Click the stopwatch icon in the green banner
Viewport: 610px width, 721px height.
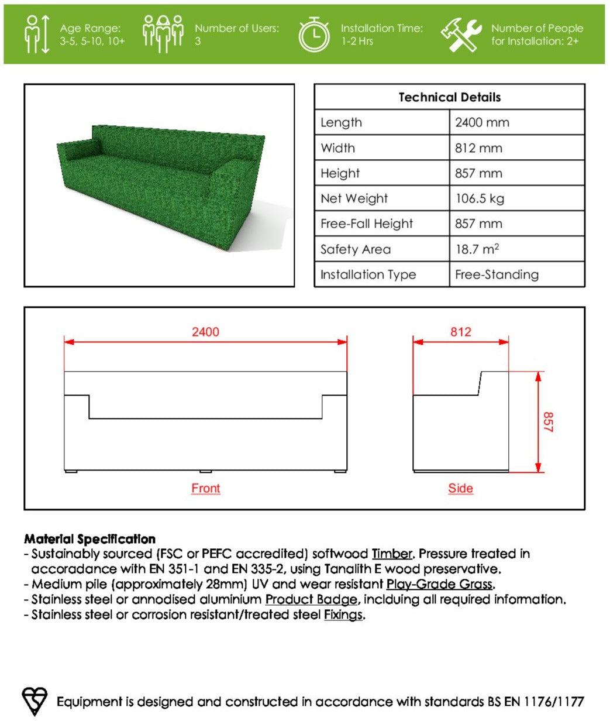tap(315, 35)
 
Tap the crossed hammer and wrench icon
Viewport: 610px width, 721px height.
tap(461, 35)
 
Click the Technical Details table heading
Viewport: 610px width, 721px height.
tap(449, 97)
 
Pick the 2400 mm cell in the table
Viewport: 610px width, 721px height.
tap(482, 122)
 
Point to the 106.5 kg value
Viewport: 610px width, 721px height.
tap(479, 198)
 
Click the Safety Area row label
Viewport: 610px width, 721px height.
tap(355, 249)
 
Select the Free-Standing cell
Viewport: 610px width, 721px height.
tap(497, 274)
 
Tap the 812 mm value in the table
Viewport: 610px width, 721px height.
tap(478, 148)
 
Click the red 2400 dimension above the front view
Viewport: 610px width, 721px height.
tap(205, 332)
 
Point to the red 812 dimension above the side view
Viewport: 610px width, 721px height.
tap(460, 332)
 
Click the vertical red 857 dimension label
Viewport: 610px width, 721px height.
tap(547, 421)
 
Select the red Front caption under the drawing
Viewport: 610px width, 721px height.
tap(205, 488)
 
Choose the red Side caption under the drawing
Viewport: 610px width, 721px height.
tap(460, 488)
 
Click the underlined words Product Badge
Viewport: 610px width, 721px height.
tap(311, 599)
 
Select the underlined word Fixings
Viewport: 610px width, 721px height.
tap(343, 614)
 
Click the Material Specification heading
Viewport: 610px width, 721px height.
tap(89, 538)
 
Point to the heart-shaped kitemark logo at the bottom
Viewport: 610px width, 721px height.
tap(35, 701)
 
